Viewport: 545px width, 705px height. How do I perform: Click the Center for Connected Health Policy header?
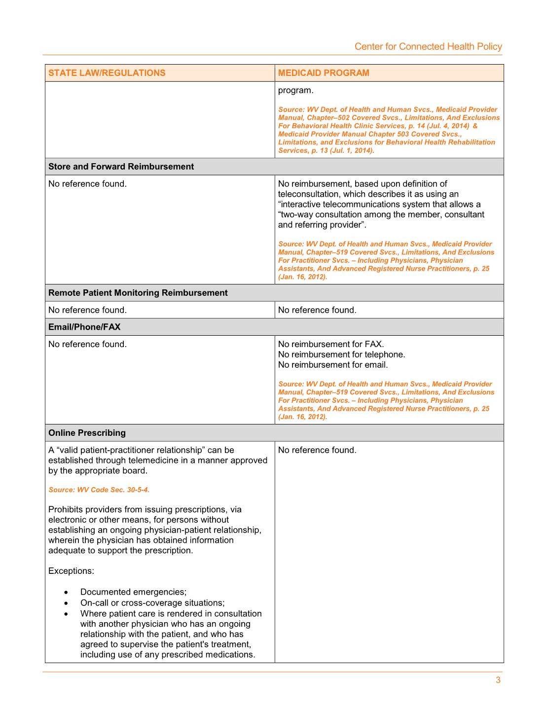pos(428,46)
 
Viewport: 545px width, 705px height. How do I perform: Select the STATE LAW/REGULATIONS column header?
pos(107,73)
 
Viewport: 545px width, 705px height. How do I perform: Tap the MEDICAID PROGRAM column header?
pos(324,73)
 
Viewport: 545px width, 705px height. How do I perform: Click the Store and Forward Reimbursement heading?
pos(121,167)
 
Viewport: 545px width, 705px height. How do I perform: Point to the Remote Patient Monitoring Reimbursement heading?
pos(138,293)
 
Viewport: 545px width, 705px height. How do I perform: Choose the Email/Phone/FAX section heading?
pos(84,327)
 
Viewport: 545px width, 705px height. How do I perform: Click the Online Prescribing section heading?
pos(87,433)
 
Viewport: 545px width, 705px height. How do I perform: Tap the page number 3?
pos(498,680)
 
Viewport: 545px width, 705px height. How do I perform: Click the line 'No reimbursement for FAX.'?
pos(331,344)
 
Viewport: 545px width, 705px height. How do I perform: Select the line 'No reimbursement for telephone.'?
pos(341,354)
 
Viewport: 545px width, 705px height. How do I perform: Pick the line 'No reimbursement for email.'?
pos(333,365)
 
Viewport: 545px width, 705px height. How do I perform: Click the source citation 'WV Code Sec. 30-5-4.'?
pos(99,490)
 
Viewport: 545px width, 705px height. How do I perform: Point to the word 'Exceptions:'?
pos(71,571)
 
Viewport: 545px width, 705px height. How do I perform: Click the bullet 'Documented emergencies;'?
pos(133,592)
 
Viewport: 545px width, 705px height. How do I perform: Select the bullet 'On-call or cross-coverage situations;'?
pos(152,602)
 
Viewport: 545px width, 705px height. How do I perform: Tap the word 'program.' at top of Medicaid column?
pos(295,90)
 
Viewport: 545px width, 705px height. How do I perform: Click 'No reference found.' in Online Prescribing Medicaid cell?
pos(317,450)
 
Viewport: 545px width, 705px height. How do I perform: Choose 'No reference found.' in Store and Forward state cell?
pos(87,184)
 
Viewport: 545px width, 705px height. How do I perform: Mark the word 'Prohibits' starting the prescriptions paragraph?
pos(66,509)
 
